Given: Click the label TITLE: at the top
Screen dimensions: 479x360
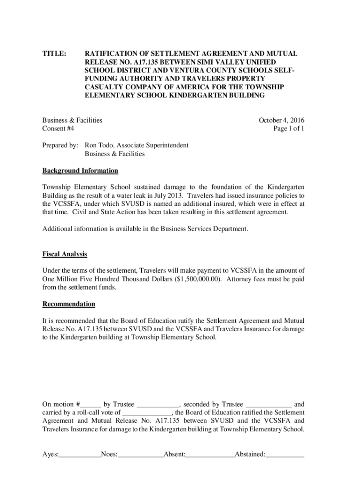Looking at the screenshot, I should [55, 54].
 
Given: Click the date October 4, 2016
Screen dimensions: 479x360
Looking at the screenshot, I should [281, 120].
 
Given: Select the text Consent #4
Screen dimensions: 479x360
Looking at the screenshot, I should [58, 128].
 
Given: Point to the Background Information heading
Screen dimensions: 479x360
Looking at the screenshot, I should [80, 171].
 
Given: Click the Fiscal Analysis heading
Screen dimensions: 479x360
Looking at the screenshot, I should [65, 254].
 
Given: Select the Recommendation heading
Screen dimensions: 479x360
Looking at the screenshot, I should [69, 304].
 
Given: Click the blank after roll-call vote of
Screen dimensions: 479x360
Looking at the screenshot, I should [148, 414].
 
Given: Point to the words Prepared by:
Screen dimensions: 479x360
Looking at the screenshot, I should [60, 145].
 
